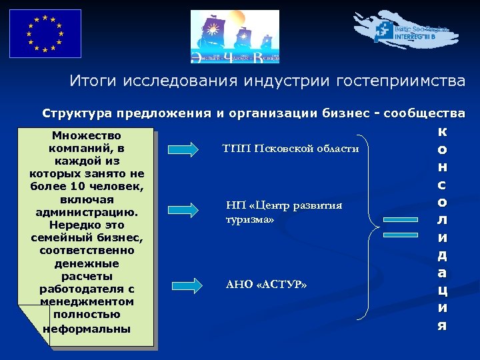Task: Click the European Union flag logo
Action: click(x=45, y=33)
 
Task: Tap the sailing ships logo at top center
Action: click(x=235, y=37)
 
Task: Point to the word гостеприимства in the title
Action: click(x=401, y=81)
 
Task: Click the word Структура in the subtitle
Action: click(x=74, y=113)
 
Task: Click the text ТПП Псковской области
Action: click(x=291, y=148)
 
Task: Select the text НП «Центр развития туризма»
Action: click(x=283, y=212)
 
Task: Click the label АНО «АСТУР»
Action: click(x=267, y=285)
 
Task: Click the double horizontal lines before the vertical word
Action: click(x=400, y=235)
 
